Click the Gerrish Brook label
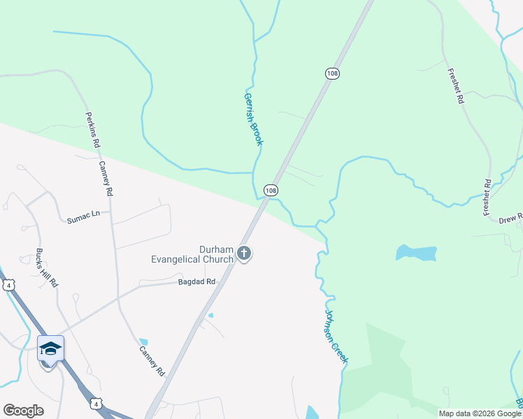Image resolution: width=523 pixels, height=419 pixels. point(253,119)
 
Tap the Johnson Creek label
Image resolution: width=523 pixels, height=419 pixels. point(336,335)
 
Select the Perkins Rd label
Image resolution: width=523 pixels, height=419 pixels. point(92,130)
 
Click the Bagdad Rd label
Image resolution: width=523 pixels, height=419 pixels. point(196,281)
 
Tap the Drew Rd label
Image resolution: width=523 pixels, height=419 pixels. point(511,219)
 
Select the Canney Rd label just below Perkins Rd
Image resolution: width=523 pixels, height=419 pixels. point(106,178)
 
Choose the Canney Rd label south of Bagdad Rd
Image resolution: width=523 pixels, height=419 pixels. point(151,362)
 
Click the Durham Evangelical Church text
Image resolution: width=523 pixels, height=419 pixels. point(192,254)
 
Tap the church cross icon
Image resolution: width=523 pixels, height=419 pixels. point(243,253)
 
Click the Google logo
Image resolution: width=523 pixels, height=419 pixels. point(23,411)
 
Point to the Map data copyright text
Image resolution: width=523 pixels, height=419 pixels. point(480,413)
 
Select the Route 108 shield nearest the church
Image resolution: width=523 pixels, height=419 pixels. point(271,190)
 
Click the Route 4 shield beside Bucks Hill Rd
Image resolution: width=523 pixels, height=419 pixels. point(8,285)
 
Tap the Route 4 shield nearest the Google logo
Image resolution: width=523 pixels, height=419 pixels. point(96,403)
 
